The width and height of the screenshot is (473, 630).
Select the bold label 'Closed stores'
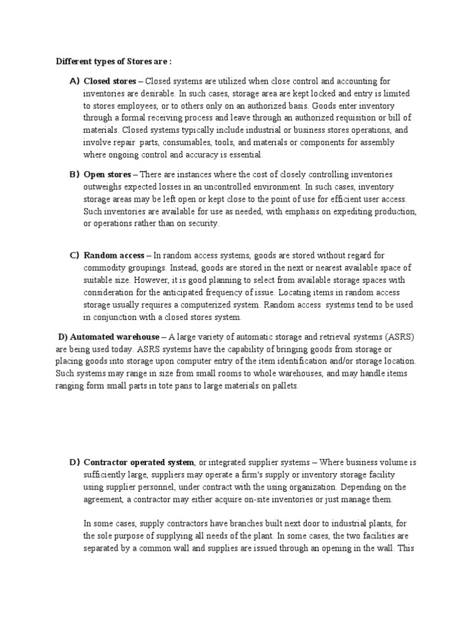108,81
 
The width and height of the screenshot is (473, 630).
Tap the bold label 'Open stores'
107,175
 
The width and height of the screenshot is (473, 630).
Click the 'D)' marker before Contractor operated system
75,462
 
